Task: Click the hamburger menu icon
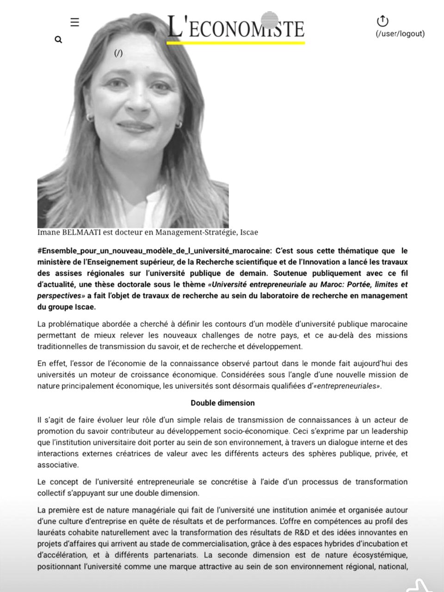(74, 22)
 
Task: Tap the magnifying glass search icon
(58, 40)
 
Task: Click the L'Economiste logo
(236, 27)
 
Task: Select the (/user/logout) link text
(400, 34)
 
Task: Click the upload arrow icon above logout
(382, 21)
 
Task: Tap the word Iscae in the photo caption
(249, 232)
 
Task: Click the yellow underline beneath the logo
(236, 43)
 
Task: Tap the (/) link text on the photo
(118, 54)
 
